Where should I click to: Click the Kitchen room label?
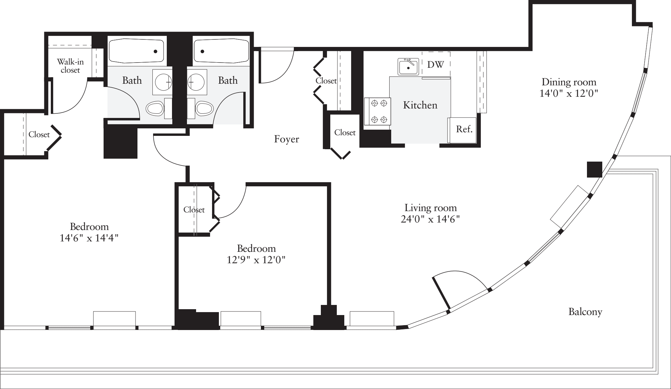(x=420, y=105)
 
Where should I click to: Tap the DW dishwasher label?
(x=435, y=65)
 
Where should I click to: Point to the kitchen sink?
(x=408, y=67)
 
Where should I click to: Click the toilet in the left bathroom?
(x=155, y=108)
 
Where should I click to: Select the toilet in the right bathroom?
(x=204, y=108)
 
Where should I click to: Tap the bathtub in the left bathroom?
(x=136, y=51)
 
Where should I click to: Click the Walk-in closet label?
(x=70, y=65)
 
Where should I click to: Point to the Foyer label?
(x=286, y=139)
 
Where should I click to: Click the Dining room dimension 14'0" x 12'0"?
(x=568, y=94)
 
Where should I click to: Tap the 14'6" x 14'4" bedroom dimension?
(x=89, y=238)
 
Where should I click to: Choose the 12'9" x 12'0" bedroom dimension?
(x=256, y=260)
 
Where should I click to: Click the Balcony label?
(x=585, y=312)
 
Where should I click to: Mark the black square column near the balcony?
(x=594, y=170)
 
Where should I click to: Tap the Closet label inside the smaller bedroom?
(x=194, y=210)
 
